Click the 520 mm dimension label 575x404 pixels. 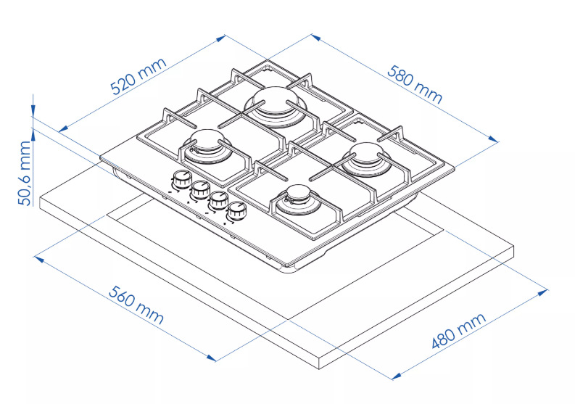click(x=138, y=77)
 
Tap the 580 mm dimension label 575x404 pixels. click(x=415, y=84)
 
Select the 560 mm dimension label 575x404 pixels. click(x=136, y=305)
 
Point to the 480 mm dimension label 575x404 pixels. click(x=458, y=331)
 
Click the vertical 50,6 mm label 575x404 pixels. click(x=25, y=173)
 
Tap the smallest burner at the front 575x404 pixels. click(x=300, y=202)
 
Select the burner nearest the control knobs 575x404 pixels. click(x=208, y=147)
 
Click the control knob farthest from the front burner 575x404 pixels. click(x=181, y=178)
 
